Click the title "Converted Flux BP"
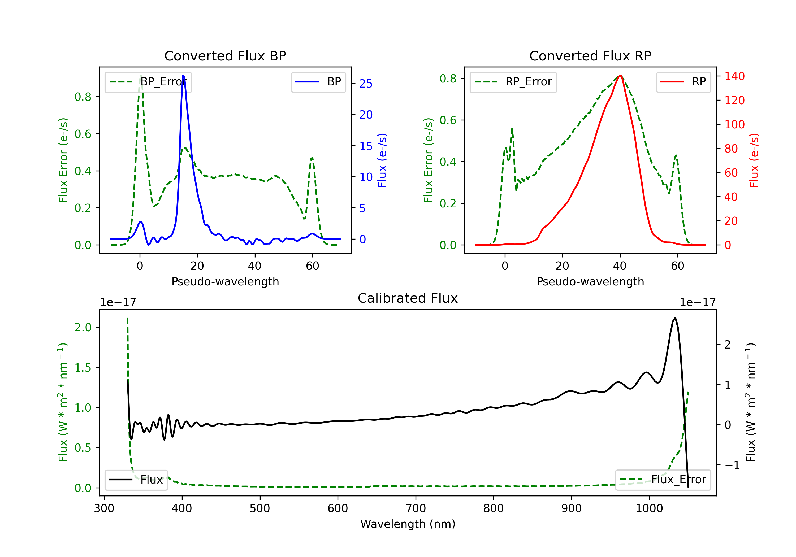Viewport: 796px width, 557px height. pyautogui.click(x=225, y=56)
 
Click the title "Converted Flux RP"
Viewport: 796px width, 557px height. pyautogui.click(x=590, y=56)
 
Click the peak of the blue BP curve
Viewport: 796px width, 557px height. pyautogui.click(x=183, y=75)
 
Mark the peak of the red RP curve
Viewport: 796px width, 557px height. pyautogui.click(x=620, y=75)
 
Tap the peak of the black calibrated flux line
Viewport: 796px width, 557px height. pyautogui.click(x=675, y=318)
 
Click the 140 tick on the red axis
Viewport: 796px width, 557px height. pyautogui.click(x=734, y=76)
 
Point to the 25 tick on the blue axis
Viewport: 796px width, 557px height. pyautogui.click(x=366, y=84)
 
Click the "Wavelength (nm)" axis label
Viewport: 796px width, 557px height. pyautogui.click(x=408, y=524)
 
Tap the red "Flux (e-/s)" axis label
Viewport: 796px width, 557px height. pyautogui.click(x=754, y=160)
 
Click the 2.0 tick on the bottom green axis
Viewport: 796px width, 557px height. pyautogui.click(x=83, y=327)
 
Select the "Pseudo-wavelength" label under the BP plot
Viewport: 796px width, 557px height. pyautogui.click(x=225, y=281)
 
